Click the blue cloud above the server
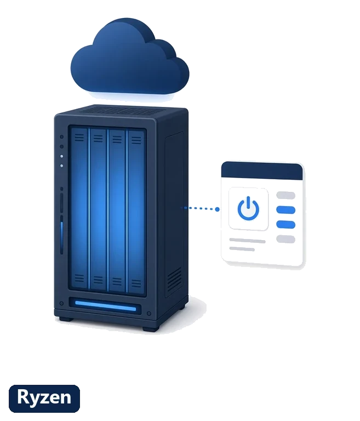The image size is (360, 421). tap(130, 58)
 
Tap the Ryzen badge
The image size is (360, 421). tap(44, 399)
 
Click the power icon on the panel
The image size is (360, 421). tap(248, 208)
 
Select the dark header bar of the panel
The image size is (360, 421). tap(262, 171)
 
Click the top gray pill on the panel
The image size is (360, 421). tap(285, 195)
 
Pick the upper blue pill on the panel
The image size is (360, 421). tap(285, 210)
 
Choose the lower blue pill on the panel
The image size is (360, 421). tap(285, 224)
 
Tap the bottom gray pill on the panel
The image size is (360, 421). tap(285, 239)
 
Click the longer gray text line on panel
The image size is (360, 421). tap(247, 241)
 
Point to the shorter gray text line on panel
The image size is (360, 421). tap(242, 249)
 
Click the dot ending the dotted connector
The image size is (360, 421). tap(217, 209)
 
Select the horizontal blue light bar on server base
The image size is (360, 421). tap(106, 306)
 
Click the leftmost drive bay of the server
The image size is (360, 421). tap(79, 209)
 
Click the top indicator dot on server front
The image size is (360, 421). tap(61, 137)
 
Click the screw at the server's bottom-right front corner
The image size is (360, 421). tap(149, 314)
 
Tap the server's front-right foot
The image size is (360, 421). tap(151, 328)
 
